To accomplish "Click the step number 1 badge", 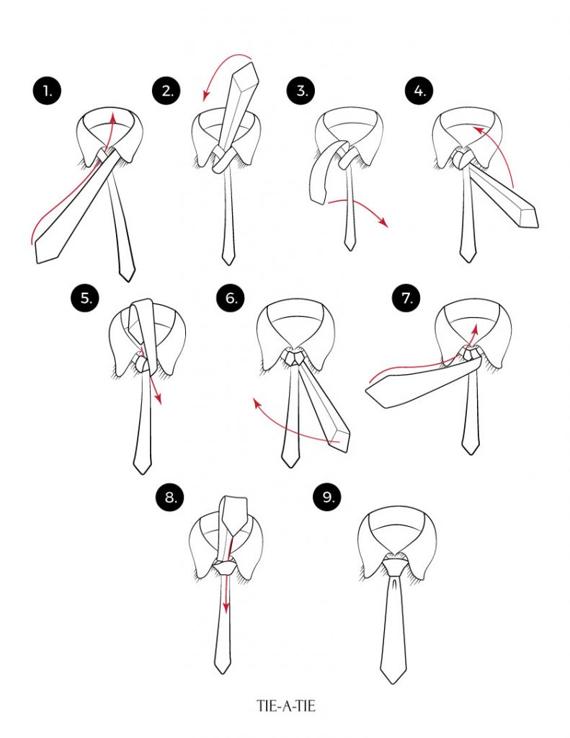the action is (x=47, y=91).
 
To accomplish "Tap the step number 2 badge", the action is (x=167, y=91).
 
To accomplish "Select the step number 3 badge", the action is (x=301, y=91).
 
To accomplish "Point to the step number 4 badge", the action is (x=419, y=91).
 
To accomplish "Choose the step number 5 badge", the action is (x=85, y=298).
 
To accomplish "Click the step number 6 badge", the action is (x=231, y=298).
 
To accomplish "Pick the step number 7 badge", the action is (x=406, y=298).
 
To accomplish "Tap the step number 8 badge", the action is (x=170, y=497).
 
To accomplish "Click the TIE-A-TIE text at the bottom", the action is (x=286, y=706).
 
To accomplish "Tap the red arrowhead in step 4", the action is (x=478, y=128).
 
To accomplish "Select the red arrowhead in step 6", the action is (x=257, y=404).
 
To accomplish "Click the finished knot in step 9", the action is (x=394, y=564).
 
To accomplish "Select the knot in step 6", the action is (x=294, y=357).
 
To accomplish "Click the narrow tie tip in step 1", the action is (x=128, y=280).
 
